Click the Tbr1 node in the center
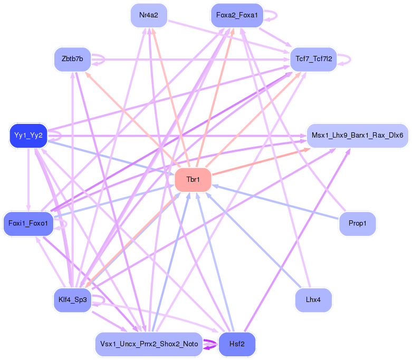[193, 180]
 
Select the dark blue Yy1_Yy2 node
[28, 136]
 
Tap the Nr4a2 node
[149, 15]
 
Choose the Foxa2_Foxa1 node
[236, 15]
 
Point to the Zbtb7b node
[72, 59]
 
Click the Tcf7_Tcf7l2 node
[313, 59]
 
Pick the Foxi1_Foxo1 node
[28, 223]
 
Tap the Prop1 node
[357, 223]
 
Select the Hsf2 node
[236, 344]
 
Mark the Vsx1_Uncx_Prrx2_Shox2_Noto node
[149, 344]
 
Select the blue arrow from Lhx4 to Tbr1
[253, 240]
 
